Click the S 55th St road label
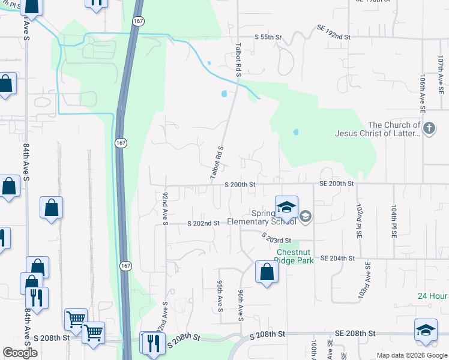[268, 37]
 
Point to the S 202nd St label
[203, 223]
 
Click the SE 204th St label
[338, 258]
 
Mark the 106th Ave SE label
[423, 94]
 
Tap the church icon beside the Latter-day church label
[429, 128]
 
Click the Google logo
[20, 353]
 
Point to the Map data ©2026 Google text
[411, 355]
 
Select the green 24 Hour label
[433, 296]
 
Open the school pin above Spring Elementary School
[286, 208]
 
